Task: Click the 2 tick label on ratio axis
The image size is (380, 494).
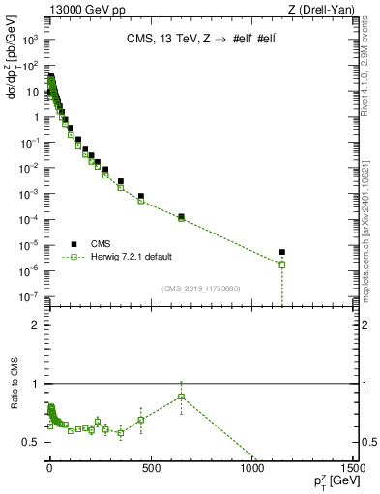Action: point(34,326)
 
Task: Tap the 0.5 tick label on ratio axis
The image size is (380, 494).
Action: point(30,442)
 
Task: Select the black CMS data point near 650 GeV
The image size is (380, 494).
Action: point(181,216)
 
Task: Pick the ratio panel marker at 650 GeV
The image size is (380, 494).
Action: point(181,397)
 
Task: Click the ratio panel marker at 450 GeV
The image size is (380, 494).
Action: point(140,420)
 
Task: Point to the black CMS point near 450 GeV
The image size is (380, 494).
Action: point(140,196)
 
